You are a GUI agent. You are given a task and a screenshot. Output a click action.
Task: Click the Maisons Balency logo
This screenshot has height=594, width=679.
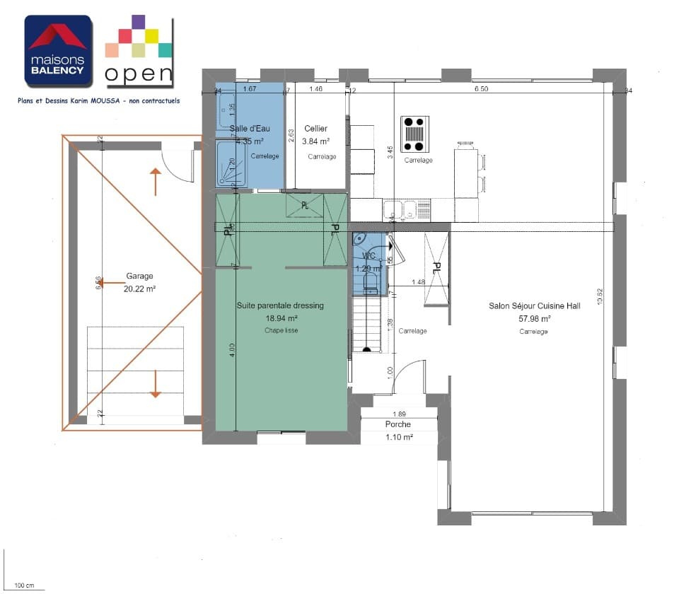click(x=58, y=51)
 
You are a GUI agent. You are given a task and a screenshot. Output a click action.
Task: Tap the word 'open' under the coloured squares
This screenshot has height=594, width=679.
click(x=139, y=73)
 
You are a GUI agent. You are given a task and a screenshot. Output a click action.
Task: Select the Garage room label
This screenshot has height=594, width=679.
click(x=139, y=276)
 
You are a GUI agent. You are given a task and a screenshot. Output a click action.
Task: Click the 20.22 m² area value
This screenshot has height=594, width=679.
click(x=139, y=289)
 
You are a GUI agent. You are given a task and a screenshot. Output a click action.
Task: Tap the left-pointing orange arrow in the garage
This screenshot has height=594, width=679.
click(x=110, y=283)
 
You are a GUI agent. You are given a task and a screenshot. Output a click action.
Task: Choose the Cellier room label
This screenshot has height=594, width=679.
click(x=315, y=129)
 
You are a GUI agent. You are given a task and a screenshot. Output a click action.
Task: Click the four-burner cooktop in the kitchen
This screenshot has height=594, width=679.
click(x=415, y=134)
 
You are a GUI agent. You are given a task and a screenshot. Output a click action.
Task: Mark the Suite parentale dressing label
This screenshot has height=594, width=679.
click(x=279, y=305)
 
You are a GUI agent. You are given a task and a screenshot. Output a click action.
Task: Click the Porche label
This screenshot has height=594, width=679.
click(x=398, y=424)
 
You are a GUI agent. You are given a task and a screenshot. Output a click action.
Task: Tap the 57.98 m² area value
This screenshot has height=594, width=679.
click(x=534, y=318)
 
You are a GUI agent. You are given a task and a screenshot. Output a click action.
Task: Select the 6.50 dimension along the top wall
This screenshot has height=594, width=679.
click(x=481, y=90)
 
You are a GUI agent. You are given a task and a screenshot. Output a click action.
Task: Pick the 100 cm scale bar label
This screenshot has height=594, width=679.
click(x=25, y=586)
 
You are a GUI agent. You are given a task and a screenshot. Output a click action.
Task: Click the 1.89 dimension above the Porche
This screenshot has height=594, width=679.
click(x=400, y=414)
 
